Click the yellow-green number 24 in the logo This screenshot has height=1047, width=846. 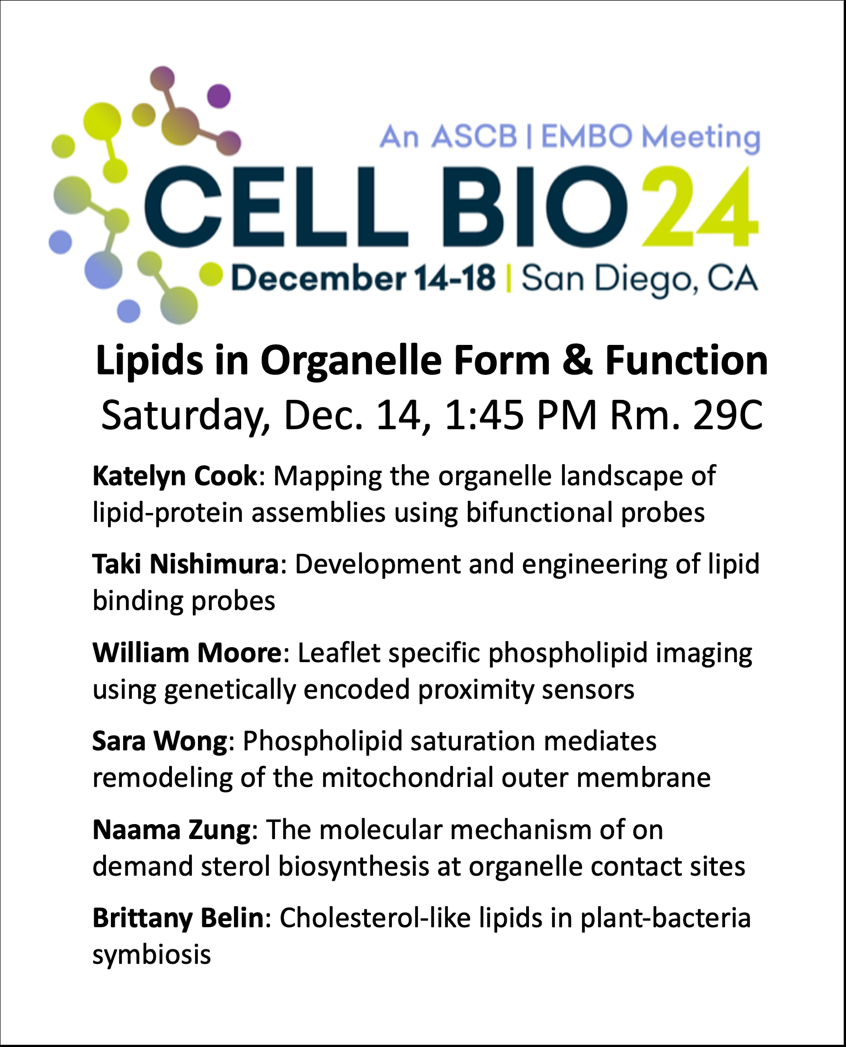[700, 206]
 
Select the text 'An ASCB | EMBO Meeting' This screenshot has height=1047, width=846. [570, 137]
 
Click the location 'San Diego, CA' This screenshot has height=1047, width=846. [639, 279]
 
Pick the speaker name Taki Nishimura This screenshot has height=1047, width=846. [186, 565]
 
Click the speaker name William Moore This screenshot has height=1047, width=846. [187, 653]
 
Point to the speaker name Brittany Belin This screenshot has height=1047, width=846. [178, 918]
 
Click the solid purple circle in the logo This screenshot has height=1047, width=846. [219, 96]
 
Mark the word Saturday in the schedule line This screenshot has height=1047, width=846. [185, 416]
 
